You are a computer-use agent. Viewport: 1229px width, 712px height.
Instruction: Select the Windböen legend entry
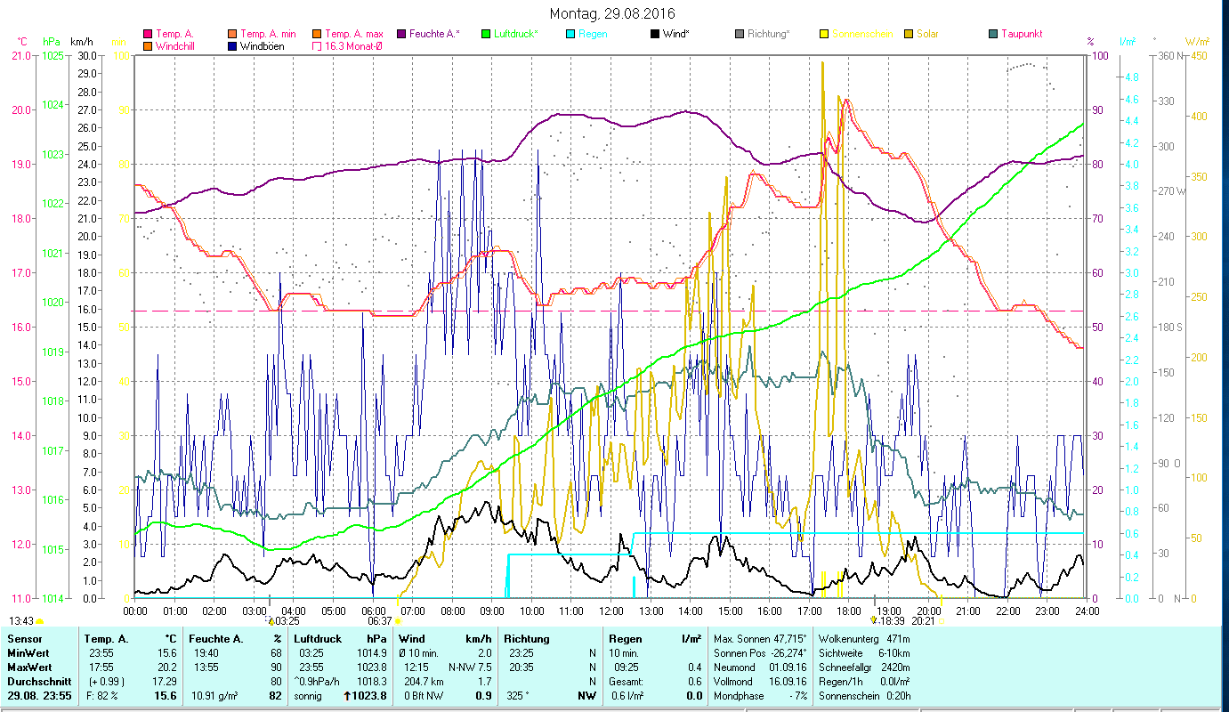[262, 45]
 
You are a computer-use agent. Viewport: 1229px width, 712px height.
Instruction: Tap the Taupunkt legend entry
[1021, 34]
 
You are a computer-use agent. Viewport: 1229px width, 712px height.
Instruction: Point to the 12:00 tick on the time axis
[611, 611]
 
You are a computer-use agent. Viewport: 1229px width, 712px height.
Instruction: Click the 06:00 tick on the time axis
[373, 611]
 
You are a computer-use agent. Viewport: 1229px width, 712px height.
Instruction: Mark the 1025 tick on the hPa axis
[53, 55]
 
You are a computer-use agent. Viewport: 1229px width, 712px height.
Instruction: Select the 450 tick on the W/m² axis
[1198, 55]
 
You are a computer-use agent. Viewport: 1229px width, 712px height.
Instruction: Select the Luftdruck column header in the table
[316, 638]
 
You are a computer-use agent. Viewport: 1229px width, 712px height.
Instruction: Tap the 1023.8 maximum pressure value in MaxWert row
[369, 667]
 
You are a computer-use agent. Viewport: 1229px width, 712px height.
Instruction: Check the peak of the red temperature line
[846, 100]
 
